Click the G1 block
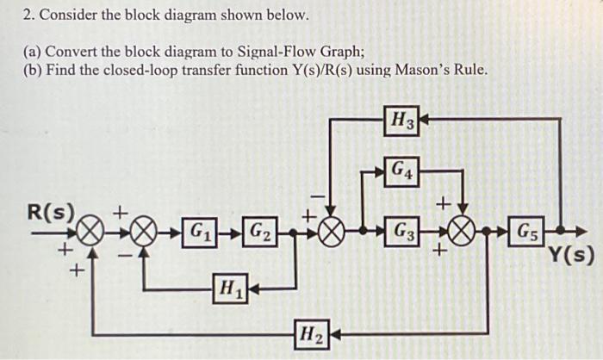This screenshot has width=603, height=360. tap(200, 232)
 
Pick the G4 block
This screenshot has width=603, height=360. tap(401, 170)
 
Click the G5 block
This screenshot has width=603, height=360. tap(527, 232)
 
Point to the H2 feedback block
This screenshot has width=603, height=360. tap(310, 332)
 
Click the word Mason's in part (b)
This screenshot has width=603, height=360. tap(422, 69)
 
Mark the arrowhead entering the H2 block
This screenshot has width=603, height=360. tap(333, 332)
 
